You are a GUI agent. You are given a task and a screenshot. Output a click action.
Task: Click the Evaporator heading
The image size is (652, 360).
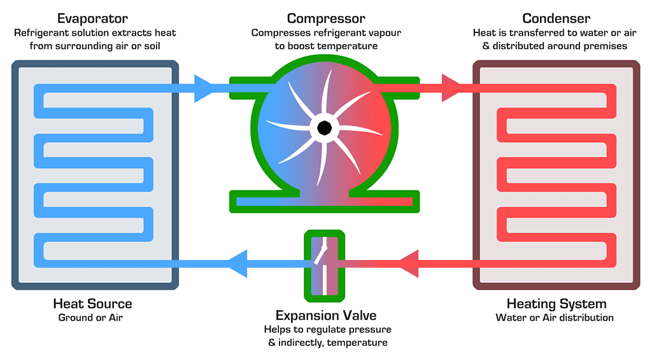94,18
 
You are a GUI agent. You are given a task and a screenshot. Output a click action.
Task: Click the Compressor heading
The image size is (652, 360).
325,18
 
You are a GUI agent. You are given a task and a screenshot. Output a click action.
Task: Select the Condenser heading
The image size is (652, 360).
556,18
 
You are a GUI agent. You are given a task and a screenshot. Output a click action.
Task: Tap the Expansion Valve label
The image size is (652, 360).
325,315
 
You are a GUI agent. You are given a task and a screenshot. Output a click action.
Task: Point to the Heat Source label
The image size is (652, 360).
93,303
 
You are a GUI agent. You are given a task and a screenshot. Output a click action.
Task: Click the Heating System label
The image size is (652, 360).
556,303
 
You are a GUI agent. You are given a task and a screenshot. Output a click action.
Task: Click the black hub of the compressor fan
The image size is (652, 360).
324,127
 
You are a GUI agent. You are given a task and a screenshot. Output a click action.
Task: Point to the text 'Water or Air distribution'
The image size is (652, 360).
555,317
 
